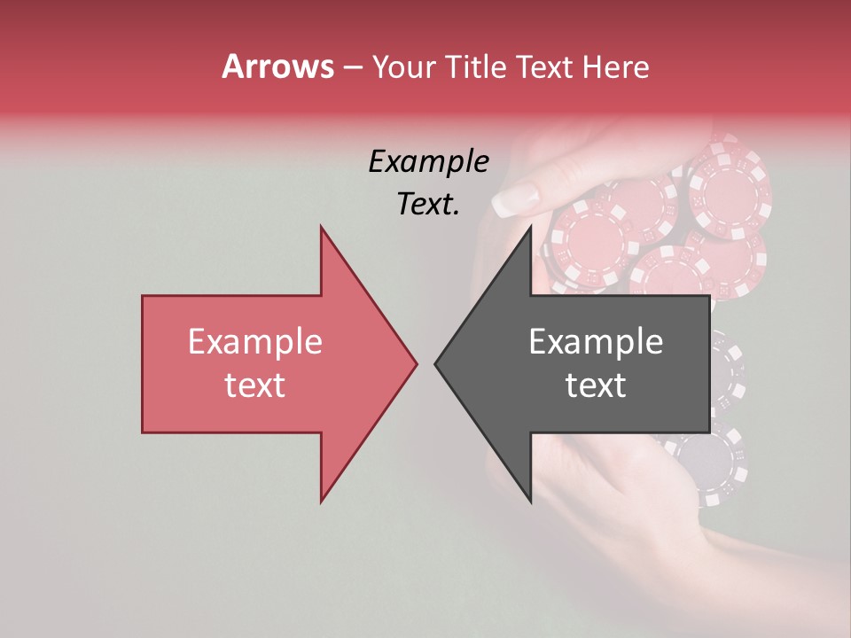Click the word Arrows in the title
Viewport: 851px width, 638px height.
point(277,66)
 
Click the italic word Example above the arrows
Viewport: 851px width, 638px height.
point(428,162)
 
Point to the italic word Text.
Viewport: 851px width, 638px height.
point(428,205)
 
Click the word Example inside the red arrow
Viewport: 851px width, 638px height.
point(254,341)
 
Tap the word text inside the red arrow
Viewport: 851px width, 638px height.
point(254,385)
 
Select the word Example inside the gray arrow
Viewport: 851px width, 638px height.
point(596,341)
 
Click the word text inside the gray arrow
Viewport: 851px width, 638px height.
point(596,385)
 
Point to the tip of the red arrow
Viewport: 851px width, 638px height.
point(416,363)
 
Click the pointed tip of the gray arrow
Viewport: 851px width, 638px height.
point(436,363)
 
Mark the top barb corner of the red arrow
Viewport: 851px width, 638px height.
point(321,228)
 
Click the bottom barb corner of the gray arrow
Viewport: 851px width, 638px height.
point(530,502)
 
